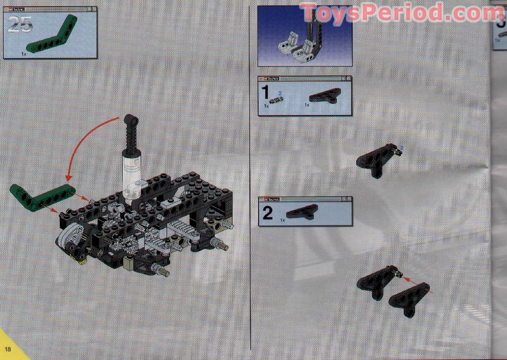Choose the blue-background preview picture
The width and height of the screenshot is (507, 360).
pyautogui.click(x=305, y=36)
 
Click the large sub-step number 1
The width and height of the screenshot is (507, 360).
pyautogui.click(x=265, y=95)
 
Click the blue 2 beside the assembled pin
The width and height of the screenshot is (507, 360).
pyautogui.click(x=402, y=148)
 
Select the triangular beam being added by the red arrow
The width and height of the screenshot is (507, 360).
pyautogui.click(x=409, y=300)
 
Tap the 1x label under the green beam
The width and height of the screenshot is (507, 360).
pyautogui.click(x=24, y=53)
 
